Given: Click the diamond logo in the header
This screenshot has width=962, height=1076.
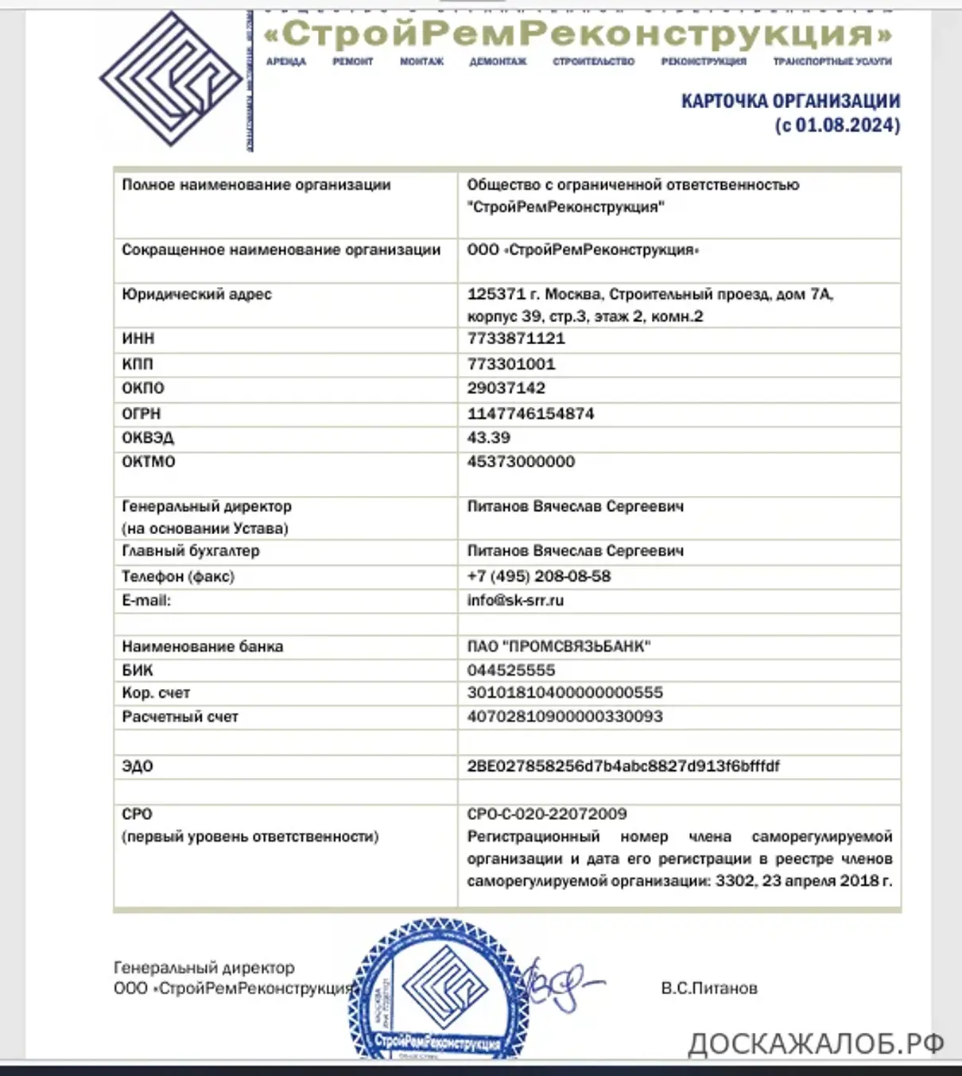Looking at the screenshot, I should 171,79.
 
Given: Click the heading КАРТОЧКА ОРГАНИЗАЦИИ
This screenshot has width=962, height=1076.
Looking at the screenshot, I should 790,101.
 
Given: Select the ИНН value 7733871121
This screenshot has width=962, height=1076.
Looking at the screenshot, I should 516,339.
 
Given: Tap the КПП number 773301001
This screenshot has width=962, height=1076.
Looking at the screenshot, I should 511,364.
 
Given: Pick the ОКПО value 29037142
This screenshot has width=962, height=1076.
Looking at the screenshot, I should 506,388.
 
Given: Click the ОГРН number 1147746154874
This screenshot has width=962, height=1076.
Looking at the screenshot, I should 530,413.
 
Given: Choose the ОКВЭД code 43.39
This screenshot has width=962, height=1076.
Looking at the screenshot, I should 489,437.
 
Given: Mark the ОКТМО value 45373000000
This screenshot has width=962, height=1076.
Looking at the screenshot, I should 521,462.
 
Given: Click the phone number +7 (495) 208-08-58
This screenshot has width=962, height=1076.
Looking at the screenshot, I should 539,576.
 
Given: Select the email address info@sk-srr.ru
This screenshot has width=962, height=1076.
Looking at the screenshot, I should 515,600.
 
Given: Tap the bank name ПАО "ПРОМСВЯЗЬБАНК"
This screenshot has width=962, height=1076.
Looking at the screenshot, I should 559,646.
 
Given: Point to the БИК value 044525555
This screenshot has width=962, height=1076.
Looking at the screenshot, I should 511,670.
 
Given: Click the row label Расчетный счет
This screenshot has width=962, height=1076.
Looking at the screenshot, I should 180,717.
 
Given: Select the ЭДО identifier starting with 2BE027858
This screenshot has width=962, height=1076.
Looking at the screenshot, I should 623,766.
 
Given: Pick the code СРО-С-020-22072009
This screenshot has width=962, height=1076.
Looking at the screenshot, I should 547,814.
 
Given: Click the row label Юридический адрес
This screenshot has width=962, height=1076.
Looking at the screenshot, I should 196,294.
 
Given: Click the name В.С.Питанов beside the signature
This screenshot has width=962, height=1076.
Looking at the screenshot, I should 709,989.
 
